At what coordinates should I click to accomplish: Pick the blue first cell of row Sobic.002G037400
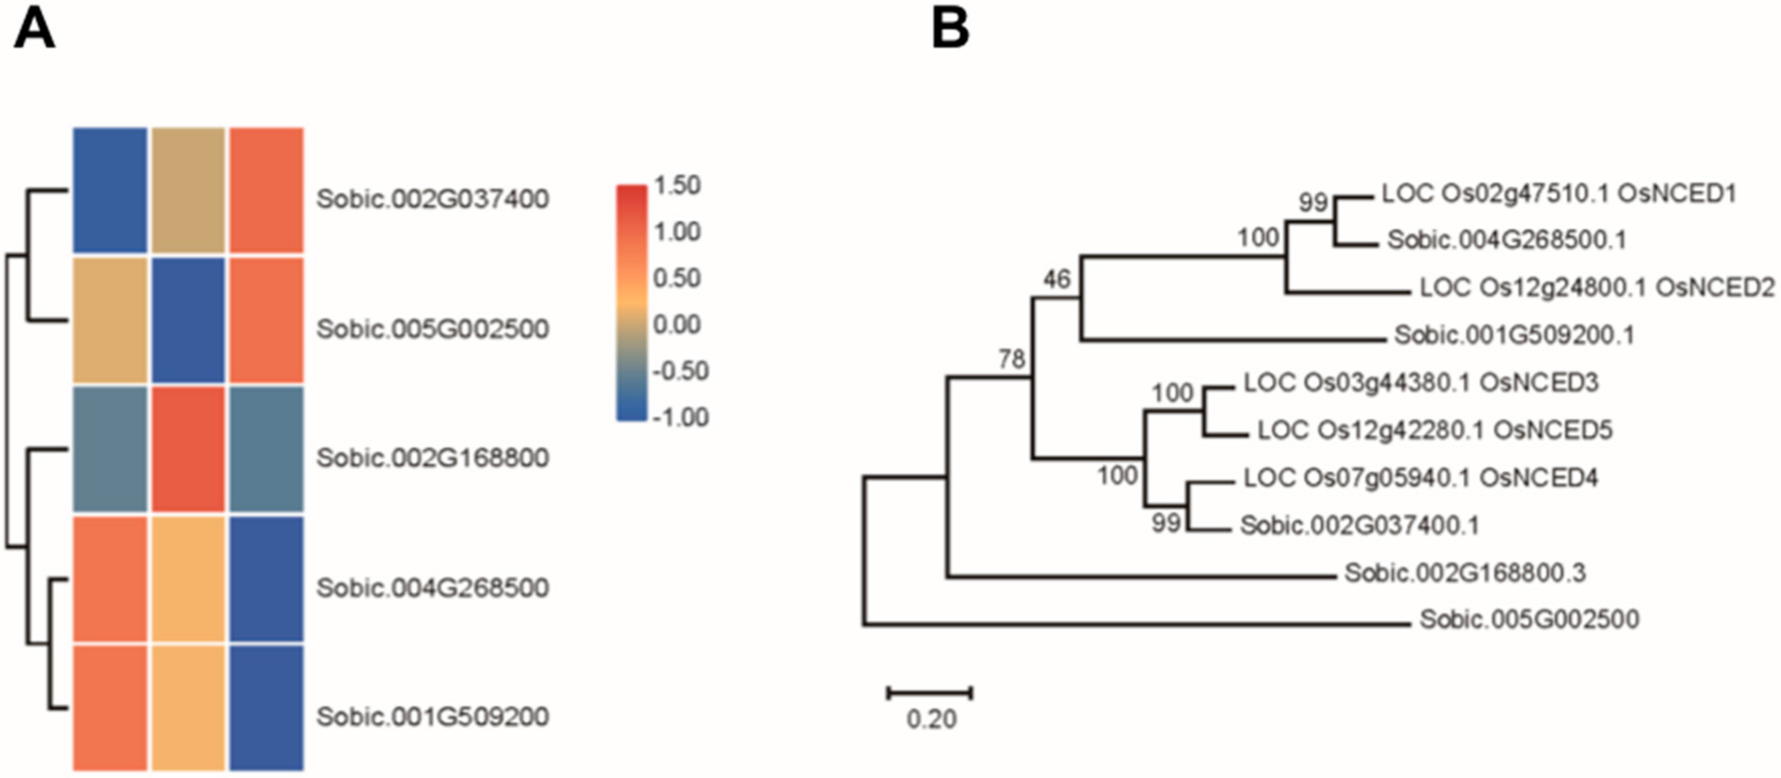click(x=110, y=190)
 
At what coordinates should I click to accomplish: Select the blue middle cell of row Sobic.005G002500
click(x=188, y=319)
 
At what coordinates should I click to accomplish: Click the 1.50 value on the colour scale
click(x=677, y=185)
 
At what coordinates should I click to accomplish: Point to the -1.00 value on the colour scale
click(x=680, y=417)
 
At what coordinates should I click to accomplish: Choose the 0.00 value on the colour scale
click(x=677, y=324)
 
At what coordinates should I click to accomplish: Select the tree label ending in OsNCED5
click(x=1434, y=430)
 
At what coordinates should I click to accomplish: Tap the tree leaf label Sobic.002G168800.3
click(x=1465, y=572)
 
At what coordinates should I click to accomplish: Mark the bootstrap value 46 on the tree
click(x=1057, y=279)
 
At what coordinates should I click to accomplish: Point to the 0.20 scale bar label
click(x=931, y=719)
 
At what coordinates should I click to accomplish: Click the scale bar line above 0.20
click(x=930, y=692)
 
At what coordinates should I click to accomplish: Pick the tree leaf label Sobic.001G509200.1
click(x=1514, y=335)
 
